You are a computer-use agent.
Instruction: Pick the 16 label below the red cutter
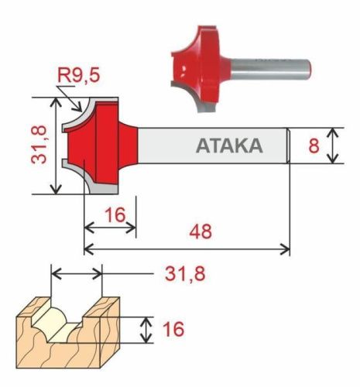click(115, 214)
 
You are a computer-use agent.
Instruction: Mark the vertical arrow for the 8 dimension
click(333, 146)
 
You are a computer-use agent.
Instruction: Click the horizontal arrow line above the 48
click(186, 248)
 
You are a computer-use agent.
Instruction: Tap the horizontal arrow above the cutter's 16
click(110, 228)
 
